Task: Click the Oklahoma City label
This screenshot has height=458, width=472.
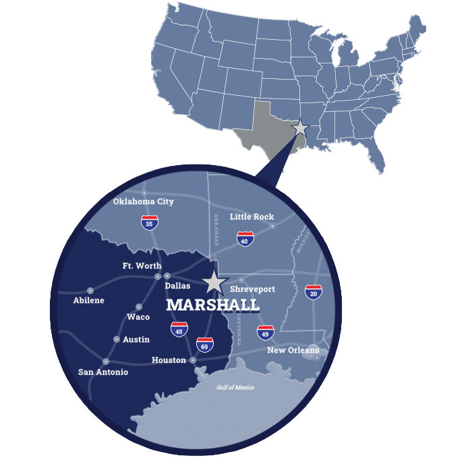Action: pos(143,202)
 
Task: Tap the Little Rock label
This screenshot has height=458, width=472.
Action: pos(252,217)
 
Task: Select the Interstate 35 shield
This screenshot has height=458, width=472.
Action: pos(150,222)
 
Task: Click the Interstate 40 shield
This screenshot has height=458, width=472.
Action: pos(245,238)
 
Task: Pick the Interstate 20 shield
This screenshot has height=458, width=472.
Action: pos(314,291)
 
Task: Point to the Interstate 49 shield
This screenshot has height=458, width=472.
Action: pos(266,331)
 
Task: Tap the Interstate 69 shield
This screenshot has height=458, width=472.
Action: pos(205,345)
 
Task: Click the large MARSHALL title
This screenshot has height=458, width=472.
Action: pos(212,305)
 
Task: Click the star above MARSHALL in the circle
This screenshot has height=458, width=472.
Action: pos(214,282)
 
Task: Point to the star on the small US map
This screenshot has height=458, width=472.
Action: pos(300,128)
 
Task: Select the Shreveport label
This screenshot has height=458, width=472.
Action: pos(252,289)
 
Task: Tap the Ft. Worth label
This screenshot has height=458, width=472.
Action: pos(142,266)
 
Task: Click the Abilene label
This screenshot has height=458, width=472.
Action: pos(89,300)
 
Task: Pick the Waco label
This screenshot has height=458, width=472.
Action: pos(138,317)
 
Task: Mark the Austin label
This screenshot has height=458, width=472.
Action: pos(136,339)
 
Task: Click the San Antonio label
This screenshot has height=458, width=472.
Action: pos(103,372)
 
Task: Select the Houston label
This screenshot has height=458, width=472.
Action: pos(169,360)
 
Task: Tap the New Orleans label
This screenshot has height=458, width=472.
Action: pos(293,350)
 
